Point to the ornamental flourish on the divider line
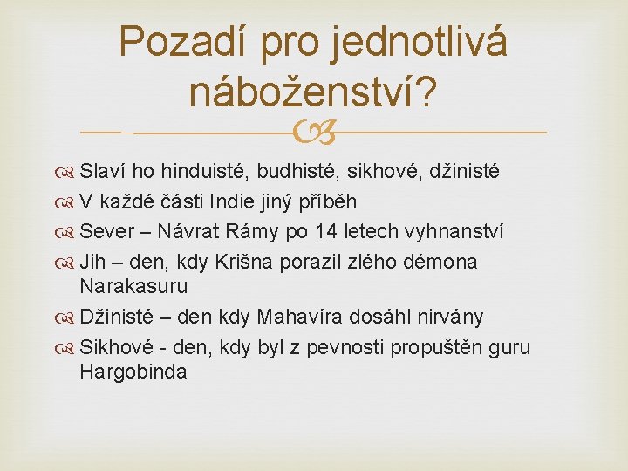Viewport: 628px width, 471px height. pyautogui.click(x=314, y=133)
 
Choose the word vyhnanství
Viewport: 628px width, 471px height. pyautogui.click(x=454, y=232)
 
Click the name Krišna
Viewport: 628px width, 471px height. pyautogui.click(x=244, y=263)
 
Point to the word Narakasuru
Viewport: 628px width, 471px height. pyautogui.click(x=133, y=287)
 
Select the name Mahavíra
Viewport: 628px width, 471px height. pyautogui.click(x=299, y=317)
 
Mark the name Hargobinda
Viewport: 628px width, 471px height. pyautogui.click(x=133, y=372)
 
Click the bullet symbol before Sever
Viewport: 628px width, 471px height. pyautogui.click(x=65, y=233)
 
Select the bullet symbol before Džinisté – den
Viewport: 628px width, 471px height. pyautogui.click(x=65, y=318)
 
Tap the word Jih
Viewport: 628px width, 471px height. pyautogui.click(x=92, y=263)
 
